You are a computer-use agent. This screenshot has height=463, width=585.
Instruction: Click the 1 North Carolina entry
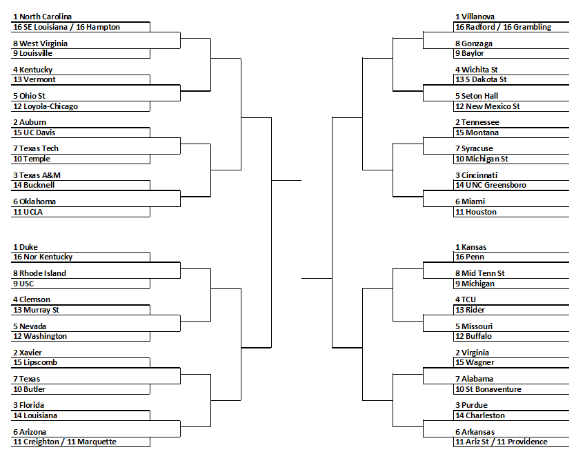(x=42, y=17)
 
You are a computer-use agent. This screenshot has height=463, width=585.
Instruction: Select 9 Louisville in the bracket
(x=32, y=53)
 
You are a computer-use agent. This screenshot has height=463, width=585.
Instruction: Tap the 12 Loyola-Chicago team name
(x=46, y=106)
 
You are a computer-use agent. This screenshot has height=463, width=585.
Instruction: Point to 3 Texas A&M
(x=37, y=175)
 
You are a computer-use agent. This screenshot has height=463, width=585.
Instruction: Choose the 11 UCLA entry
(x=28, y=212)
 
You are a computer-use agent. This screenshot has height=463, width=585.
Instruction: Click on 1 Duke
(x=26, y=247)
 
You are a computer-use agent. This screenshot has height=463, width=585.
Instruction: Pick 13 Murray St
(x=36, y=310)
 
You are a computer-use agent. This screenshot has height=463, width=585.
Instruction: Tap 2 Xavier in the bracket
(x=27, y=353)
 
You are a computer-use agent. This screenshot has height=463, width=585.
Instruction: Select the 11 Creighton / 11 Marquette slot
(x=65, y=442)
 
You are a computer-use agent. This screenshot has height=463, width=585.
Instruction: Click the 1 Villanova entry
(x=475, y=17)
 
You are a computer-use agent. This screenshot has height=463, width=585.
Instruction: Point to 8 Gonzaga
(x=474, y=43)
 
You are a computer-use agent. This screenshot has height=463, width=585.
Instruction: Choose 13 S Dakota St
(x=481, y=79)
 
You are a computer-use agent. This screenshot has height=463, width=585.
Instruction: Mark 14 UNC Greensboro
(x=490, y=185)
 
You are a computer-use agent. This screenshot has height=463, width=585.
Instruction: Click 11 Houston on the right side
(x=476, y=212)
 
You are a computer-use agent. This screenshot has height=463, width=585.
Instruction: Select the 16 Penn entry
(x=470, y=257)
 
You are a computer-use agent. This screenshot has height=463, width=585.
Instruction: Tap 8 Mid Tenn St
(x=479, y=273)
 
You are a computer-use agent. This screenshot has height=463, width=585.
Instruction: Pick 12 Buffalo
(x=473, y=336)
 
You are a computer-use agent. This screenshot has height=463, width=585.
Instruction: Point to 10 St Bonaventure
(x=488, y=389)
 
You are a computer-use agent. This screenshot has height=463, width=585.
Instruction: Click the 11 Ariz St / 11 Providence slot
(x=502, y=442)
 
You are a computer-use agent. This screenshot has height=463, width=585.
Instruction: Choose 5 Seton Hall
(x=477, y=96)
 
